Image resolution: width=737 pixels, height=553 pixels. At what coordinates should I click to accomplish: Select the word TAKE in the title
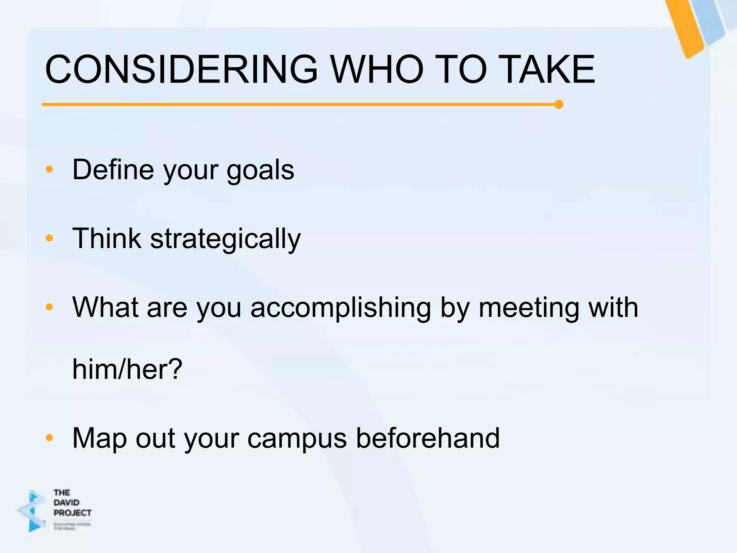pyautogui.click(x=547, y=69)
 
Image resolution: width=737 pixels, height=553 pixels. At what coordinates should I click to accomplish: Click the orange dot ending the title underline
pyautogui.click(x=559, y=105)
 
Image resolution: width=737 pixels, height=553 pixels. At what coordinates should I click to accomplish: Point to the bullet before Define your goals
pyautogui.click(x=50, y=169)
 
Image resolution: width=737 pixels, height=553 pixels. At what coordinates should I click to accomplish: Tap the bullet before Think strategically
pyautogui.click(x=50, y=238)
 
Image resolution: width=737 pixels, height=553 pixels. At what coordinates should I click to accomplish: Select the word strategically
pyautogui.click(x=225, y=239)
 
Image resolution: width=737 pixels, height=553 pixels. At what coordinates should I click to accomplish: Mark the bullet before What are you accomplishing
pyautogui.click(x=50, y=307)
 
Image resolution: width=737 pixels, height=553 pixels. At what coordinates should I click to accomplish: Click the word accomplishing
pyautogui.click(x=340, y=308)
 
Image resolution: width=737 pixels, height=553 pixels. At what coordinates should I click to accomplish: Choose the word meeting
pyautogui.click(x=529, y=308)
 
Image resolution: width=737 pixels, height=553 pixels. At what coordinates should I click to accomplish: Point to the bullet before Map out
pyautogui.click(x=50, y=438)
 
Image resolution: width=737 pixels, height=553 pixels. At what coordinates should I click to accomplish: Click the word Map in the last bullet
pyautogui.click(x=99, y=439)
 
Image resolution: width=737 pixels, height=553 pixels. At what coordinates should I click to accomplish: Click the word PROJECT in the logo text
pyautogui.click(x=72, y=513)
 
